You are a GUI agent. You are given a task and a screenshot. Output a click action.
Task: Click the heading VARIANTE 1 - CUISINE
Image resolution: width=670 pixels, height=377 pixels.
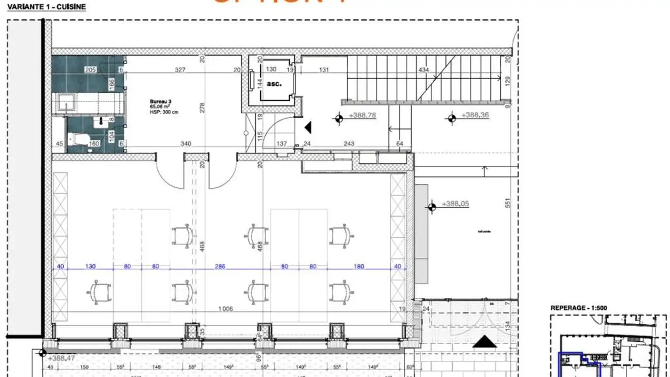pos(47,7)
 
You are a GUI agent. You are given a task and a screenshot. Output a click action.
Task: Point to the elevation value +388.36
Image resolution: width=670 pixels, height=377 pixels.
pos(475,115)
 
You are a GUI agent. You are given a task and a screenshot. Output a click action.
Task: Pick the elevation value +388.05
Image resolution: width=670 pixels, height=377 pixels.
pos(455,204)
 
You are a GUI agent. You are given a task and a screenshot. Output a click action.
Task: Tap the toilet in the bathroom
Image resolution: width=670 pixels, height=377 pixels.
pos(76,139)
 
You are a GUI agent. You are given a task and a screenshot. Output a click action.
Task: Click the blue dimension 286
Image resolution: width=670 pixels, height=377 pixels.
pos(220,267)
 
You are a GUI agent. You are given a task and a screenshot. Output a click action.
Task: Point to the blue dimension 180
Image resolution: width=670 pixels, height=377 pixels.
pos(358,267)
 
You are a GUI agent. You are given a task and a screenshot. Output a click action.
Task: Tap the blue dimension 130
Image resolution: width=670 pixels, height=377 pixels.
pos(90,267)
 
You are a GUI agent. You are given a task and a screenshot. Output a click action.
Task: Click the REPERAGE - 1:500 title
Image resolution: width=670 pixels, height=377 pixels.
pos(579,308)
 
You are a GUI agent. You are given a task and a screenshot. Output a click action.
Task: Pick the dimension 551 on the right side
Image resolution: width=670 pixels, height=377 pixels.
pos(508,203)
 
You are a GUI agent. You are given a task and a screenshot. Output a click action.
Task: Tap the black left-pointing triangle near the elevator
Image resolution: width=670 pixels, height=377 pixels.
pos(307,126)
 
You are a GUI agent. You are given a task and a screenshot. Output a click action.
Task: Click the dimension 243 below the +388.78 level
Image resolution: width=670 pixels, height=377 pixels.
pos(348,144)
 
